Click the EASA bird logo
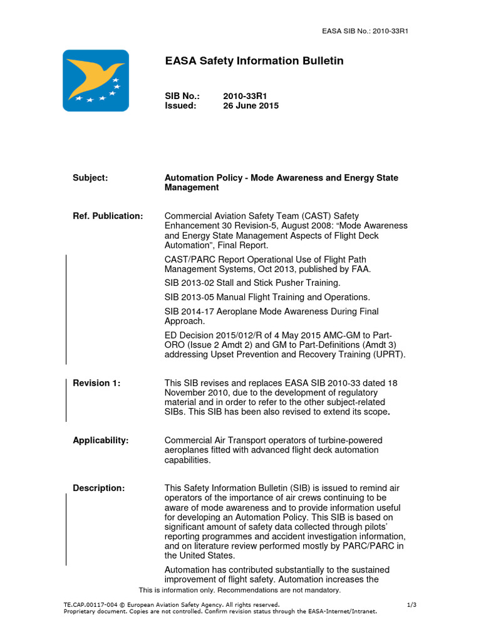click(x=96, y=81)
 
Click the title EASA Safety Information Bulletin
click(x=254, y=61)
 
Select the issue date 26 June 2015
click(x=251, y=106)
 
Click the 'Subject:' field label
click(x=90, y=178)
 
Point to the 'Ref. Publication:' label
click(x=108, y=216)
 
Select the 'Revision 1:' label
click(x=96, y=383)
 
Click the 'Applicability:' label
click(x=100, y=440)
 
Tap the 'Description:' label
click(x=98, y=488)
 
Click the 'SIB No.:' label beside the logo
click(x=182, y=96)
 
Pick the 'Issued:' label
click(x=180, y=106)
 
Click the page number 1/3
click(x=411, y=604)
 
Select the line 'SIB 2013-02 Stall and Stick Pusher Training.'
click(x=252, y=283)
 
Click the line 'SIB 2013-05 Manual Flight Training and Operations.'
click(x=267, y=297)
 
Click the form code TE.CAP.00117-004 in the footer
click(x=93, y=604)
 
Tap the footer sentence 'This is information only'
click(x=239, y=590)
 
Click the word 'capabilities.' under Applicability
click(x=187, y=460)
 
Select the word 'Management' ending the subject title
click(x=192, y=187)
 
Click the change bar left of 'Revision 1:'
click(x=66, y=400)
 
